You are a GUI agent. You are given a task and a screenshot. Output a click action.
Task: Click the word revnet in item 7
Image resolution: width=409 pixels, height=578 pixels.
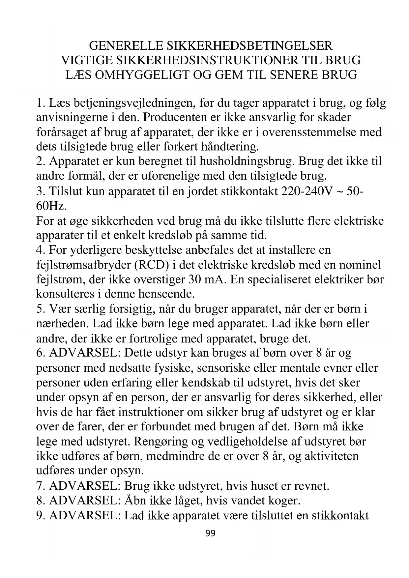point(310,486)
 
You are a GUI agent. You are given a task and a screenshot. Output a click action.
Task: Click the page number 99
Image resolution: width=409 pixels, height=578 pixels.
point(210,533)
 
